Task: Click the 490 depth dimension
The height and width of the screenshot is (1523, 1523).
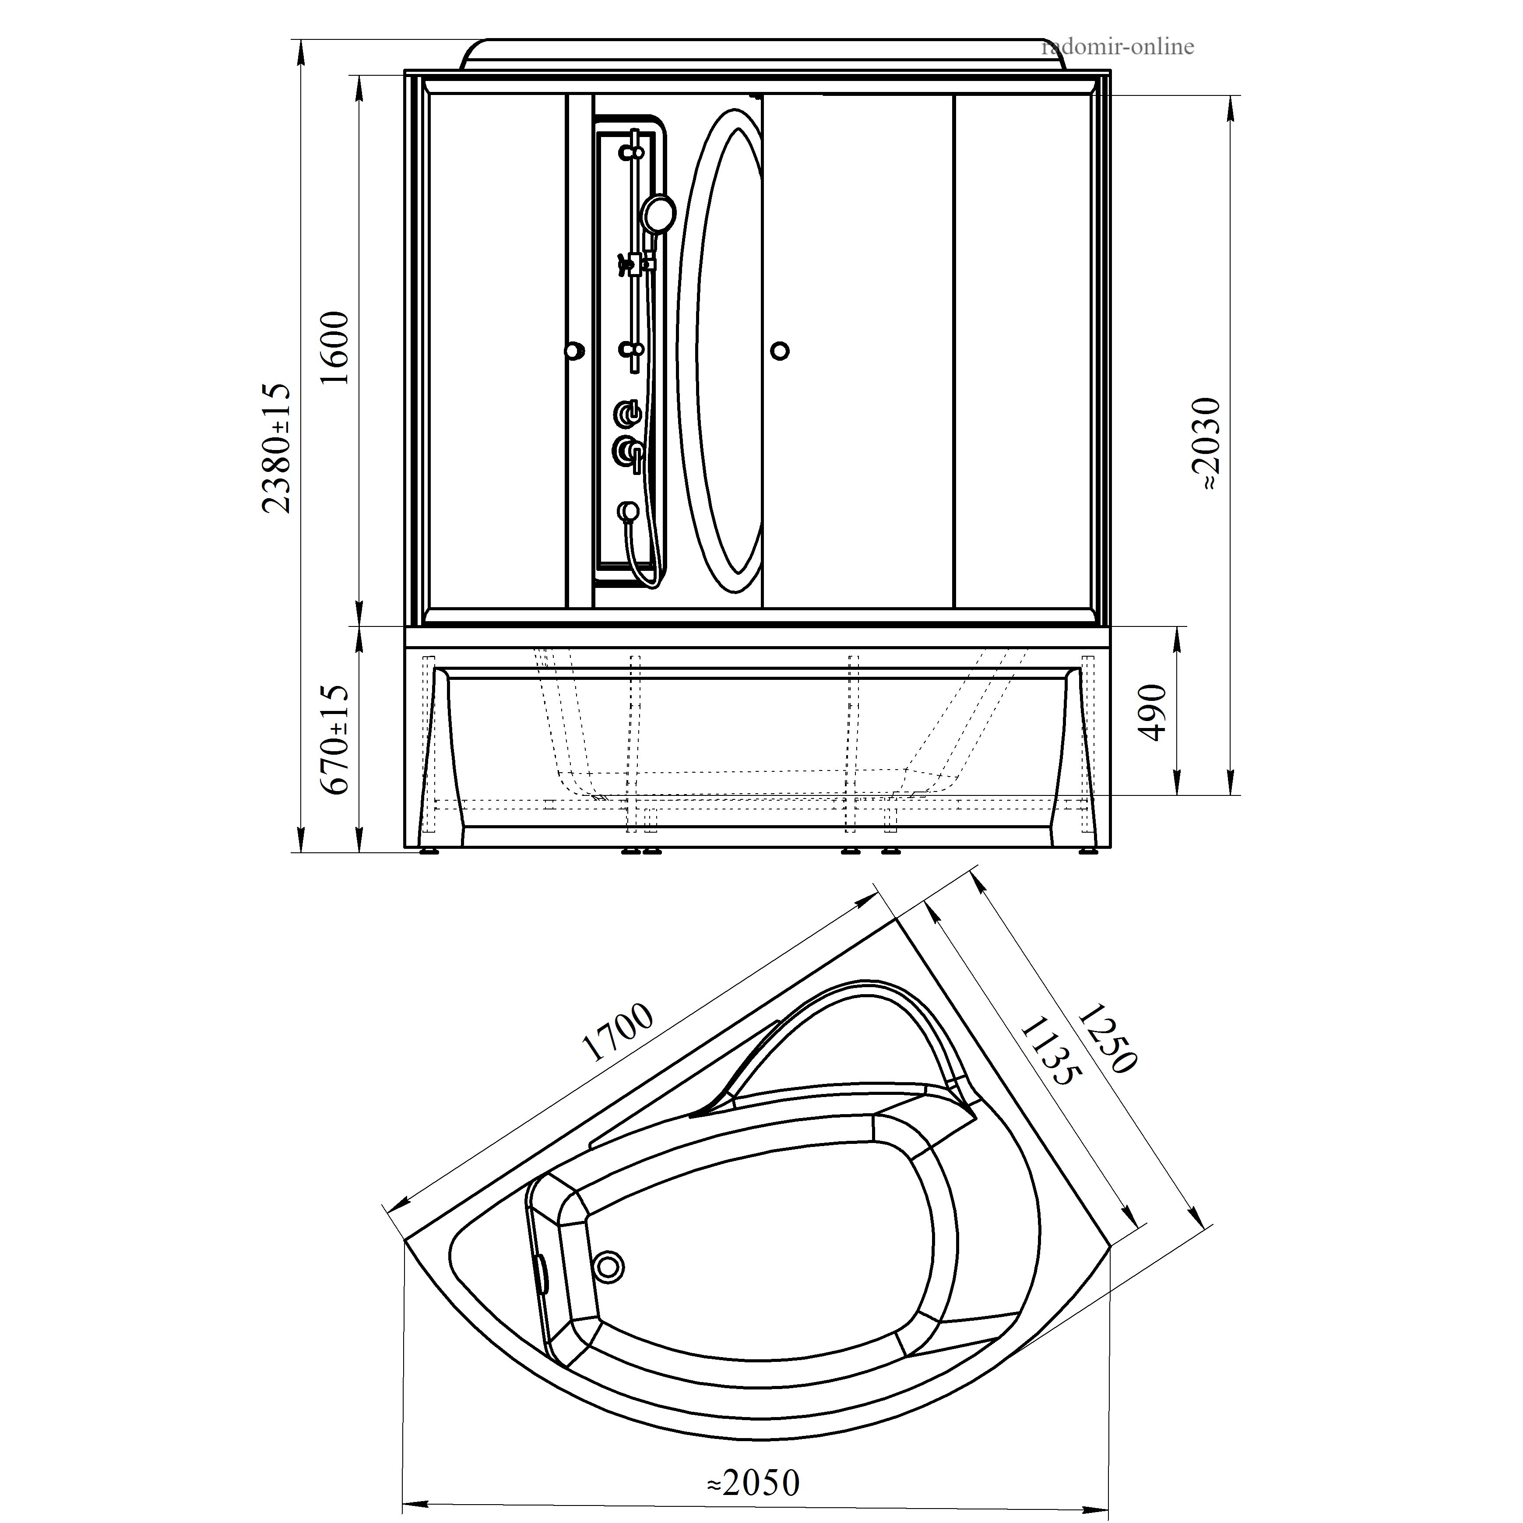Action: pos(1153,713)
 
